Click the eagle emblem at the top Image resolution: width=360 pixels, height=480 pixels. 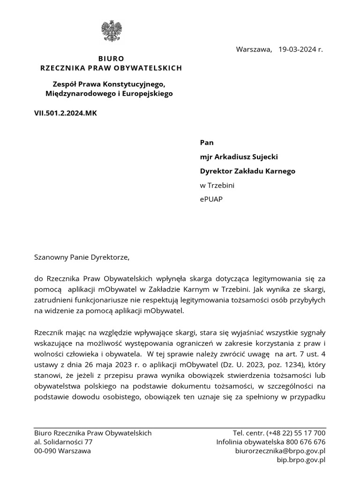pyautogui.click(x=111, y=31)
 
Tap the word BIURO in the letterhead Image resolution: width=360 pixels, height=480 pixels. pyautogui.click(x=111, y=59)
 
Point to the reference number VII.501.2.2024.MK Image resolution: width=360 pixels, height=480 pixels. pyautogui.click(x=66, y=113)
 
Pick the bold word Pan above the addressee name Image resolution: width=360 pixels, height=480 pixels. pyautogui.click(x=207, y=142)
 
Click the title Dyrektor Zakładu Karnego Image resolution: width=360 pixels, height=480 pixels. pyautogui.click(x=247, y=171)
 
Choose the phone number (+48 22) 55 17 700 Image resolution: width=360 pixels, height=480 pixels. pyautogui.click(x=296, y=433)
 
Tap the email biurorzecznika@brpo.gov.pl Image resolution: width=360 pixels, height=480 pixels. pyautogui.click(x=280, y=451)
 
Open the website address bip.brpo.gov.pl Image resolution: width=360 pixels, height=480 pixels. pyautogui.click(x=301, y=460)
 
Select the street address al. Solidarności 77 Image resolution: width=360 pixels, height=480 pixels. pyautogui.click(x=63, y=442)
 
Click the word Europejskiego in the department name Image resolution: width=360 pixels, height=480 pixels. pyautogui.click(x=146, y=94)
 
